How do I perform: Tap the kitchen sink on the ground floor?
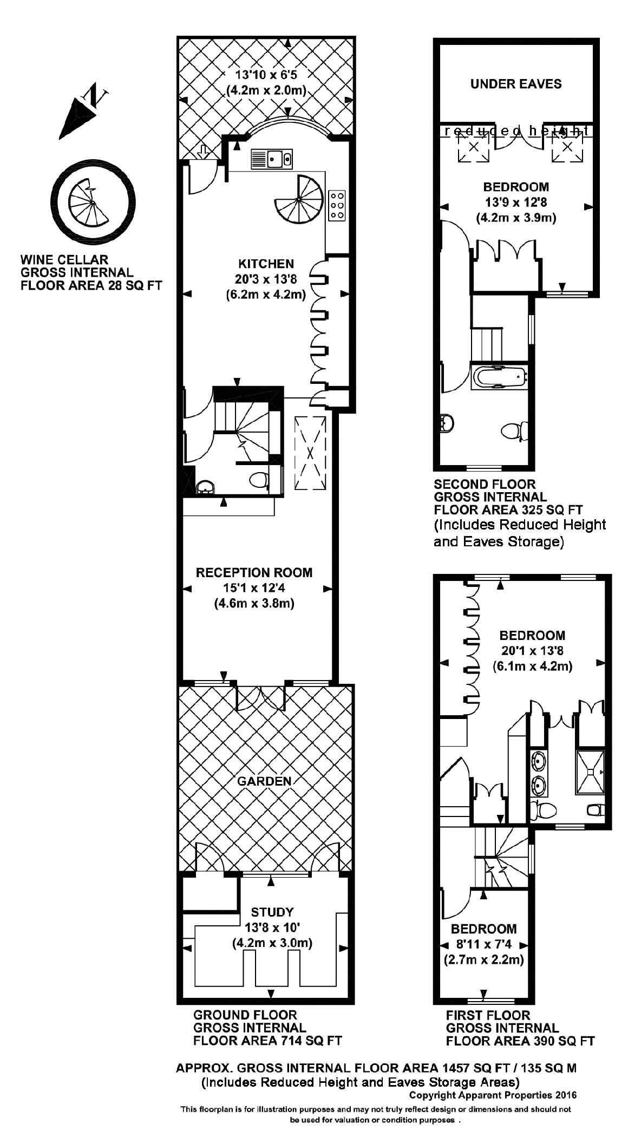click(x=272, y=159)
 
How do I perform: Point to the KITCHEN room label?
click(x=266, y=264)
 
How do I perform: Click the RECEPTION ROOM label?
click(x=254, y=572)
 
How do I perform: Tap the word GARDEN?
click(x=264, y=781)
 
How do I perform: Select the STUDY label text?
click(x=272, y=912)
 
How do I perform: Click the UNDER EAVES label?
click(x=515, y=84)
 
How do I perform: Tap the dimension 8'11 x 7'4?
click(x=483, y=945)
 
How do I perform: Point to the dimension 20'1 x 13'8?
click(x=532, y=651)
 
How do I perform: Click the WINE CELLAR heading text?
click(x=64, y=259)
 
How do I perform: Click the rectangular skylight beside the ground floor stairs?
click(x=310, y=453)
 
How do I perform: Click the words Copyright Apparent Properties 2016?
click(x=493, y=1095)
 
